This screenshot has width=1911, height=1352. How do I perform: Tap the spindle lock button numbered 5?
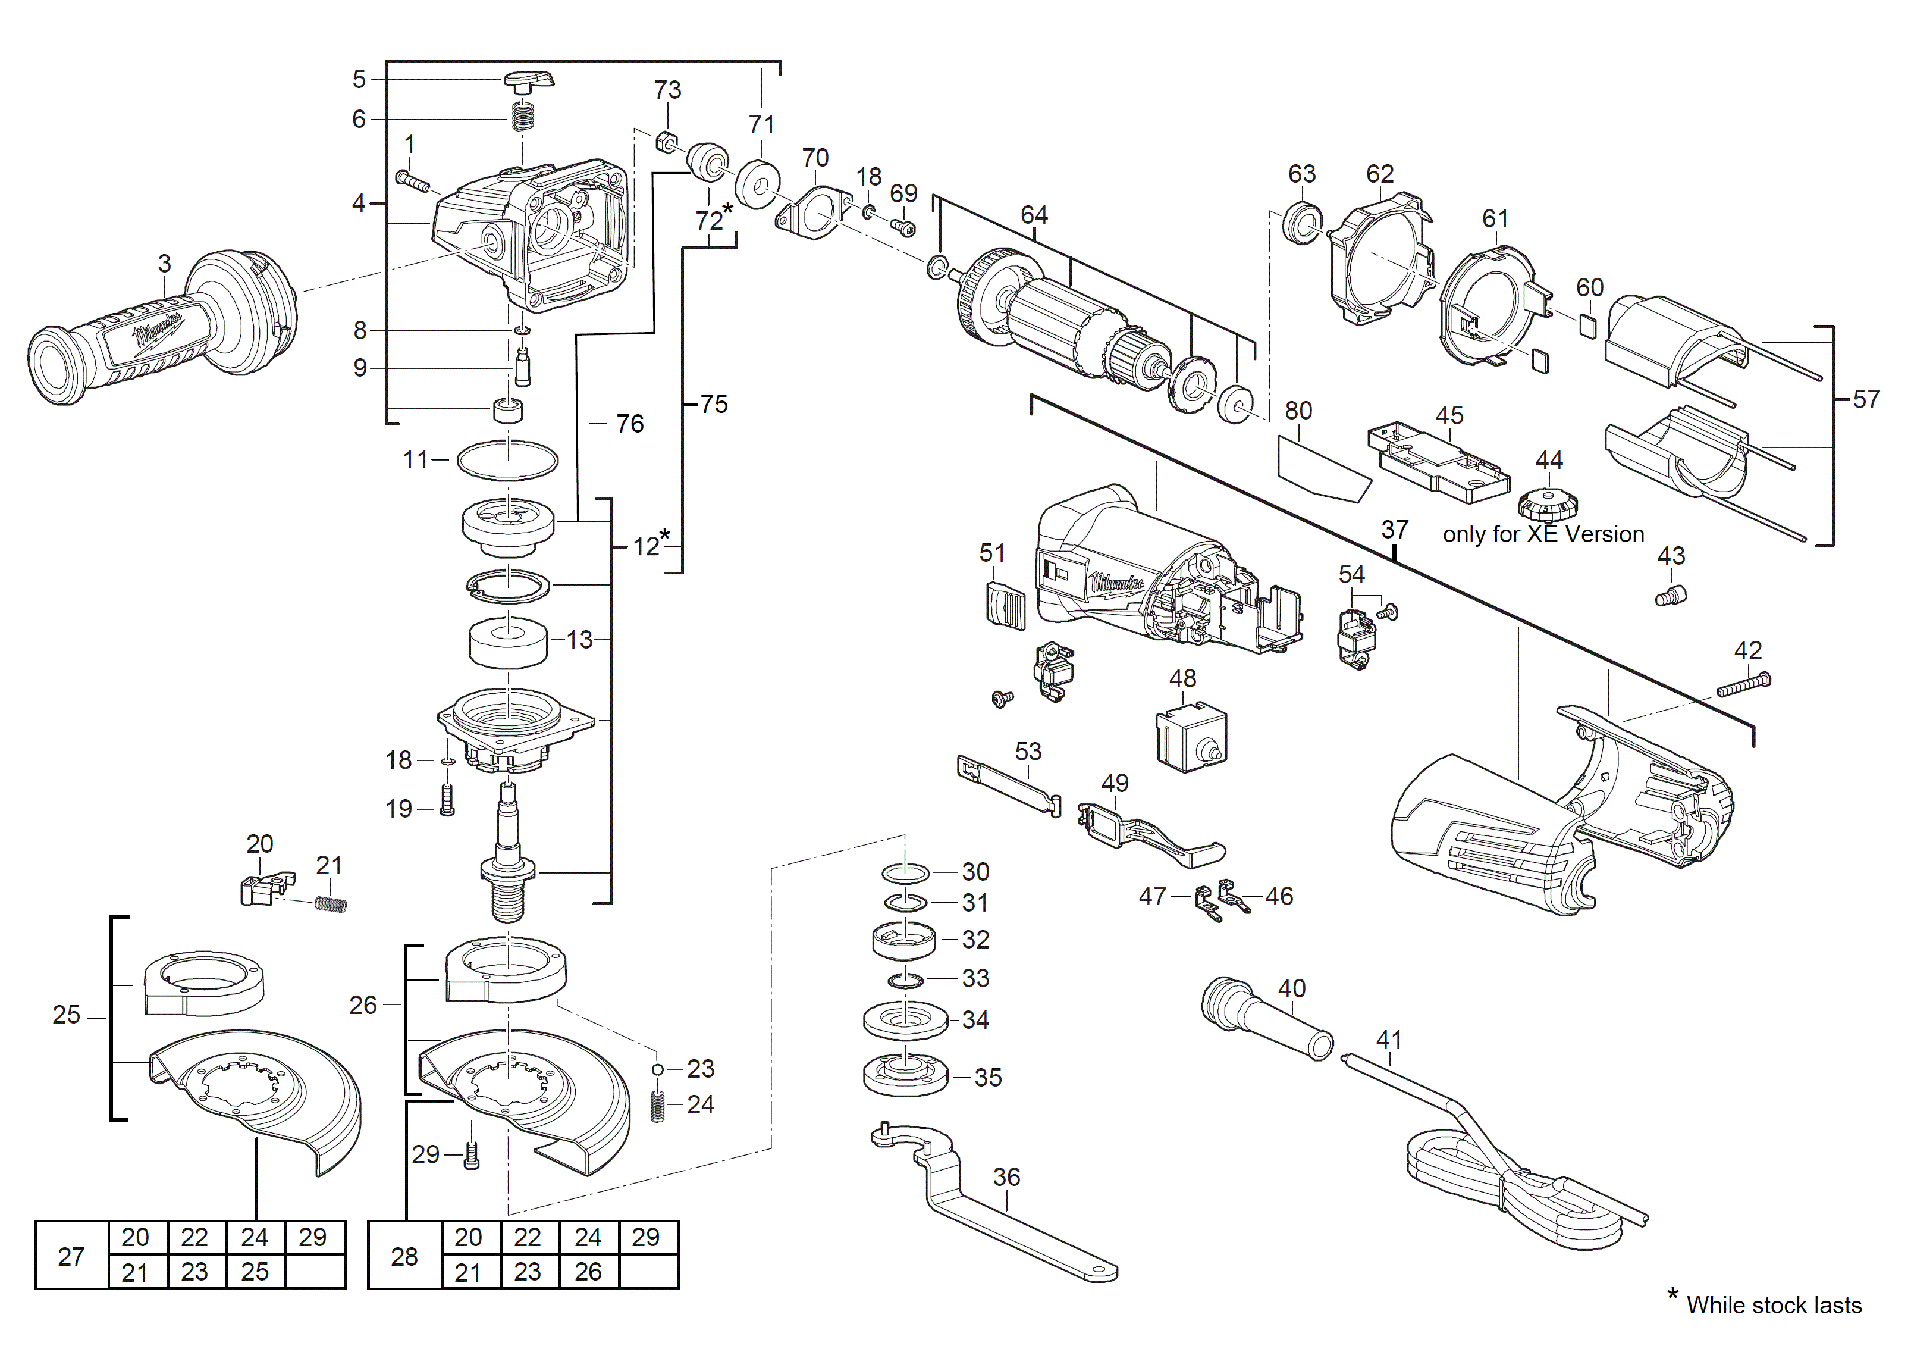528,81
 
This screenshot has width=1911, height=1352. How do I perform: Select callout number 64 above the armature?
1034,215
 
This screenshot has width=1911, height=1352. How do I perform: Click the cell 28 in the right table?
404,1256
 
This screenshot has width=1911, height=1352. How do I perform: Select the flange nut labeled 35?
906,1076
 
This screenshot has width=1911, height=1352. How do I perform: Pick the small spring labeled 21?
331,903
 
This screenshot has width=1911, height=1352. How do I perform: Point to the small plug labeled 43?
1671,596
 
